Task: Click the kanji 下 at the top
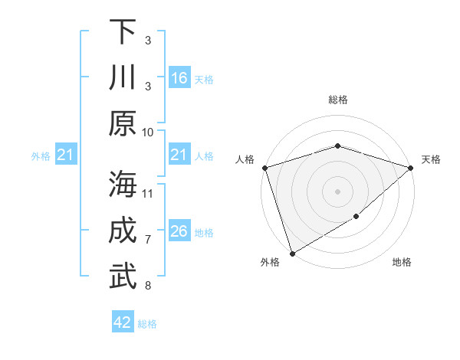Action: pos(123,31)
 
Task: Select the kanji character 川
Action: pos(123,77)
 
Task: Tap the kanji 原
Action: pos(123,123)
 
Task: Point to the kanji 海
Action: pos(123,185)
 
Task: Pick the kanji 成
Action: pos(123,231)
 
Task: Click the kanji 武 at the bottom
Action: pos(123,277)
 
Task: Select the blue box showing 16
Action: pos(179,78)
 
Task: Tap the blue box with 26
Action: pos(179,231)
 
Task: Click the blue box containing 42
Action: pos(123,322)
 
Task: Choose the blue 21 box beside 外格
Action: pos(66,155)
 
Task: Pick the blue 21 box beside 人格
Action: pos(179,155)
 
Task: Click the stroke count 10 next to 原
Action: pos(148,132)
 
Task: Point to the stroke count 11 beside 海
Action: pos(148,193)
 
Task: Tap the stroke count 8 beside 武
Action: pos(148,286)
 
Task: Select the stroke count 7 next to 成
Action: pos(148,240)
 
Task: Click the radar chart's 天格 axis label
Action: pos(431,159)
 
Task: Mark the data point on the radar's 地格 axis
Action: pos(356,218)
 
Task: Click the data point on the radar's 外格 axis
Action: pos(291,253)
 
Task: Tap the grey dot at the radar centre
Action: pos(337,191)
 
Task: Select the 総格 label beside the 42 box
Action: pos(147,324)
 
